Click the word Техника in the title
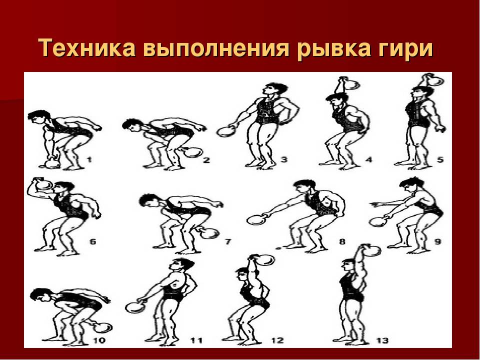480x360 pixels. (87, 48)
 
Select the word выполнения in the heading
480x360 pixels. (216, 48)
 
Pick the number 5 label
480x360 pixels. (440, 159)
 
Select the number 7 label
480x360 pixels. (228, 241)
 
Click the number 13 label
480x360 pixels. (382, 340)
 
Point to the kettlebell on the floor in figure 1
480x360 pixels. (52, 162)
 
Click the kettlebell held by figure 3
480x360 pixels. (226, 131)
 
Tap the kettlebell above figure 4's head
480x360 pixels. (353, 84)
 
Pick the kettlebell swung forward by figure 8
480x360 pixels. (256, 219)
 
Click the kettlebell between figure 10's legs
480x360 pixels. (101, 326)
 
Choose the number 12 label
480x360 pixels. (277, 340)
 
